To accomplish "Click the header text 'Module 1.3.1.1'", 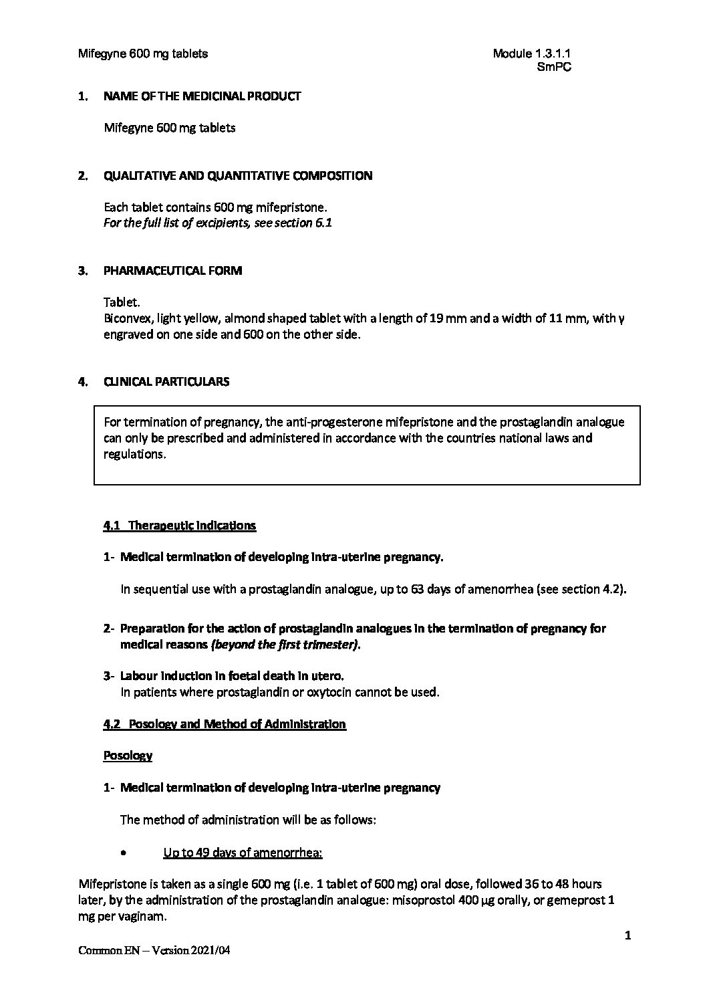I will click(531, 53).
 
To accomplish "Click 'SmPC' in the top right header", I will click(554, 67).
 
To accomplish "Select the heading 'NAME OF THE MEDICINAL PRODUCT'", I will click(202, 96).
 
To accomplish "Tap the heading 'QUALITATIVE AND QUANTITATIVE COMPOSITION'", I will click(238, 176).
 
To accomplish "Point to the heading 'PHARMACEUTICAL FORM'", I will click(173, 271).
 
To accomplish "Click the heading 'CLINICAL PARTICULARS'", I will click(166, 382).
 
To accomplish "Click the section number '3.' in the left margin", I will click(83, 271).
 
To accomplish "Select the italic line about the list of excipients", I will click(218, 223).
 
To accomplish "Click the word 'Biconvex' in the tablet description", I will click(125, 319).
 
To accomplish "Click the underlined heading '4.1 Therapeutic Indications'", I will click(180, 526).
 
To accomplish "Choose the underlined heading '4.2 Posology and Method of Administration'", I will click(225, 724).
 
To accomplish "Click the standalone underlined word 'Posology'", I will click(128, 756).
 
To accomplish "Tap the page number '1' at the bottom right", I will click(627, 935).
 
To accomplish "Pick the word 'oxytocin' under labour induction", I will click(327, 692).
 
